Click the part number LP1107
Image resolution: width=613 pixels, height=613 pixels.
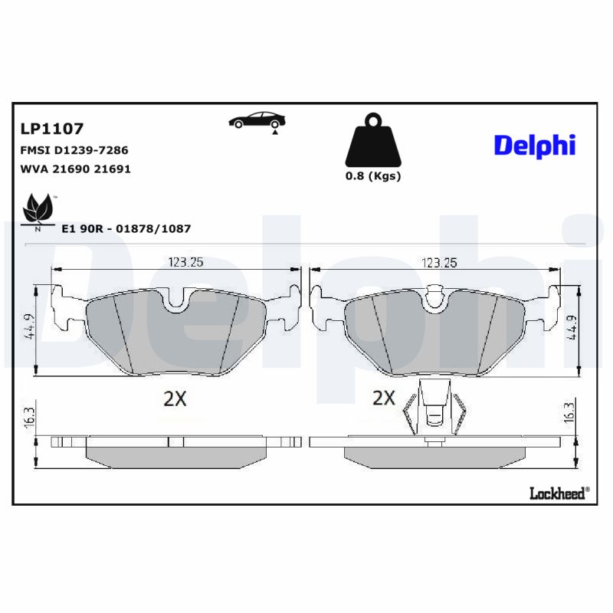click(51, 129)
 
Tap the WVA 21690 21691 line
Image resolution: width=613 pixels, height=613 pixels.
click(74, 169)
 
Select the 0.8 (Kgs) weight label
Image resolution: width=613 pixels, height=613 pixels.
click(373, 175)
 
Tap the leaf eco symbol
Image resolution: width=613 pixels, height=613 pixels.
click(38, 209)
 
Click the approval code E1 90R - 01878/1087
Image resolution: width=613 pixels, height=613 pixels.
click(126, 228)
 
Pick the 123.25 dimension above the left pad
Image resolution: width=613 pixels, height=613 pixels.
click(185, 262)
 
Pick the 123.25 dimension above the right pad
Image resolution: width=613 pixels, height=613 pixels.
click(438, 262)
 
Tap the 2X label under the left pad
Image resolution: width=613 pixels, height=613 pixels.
click(175, 398)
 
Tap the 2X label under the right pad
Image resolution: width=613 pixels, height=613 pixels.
click(383, 398)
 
